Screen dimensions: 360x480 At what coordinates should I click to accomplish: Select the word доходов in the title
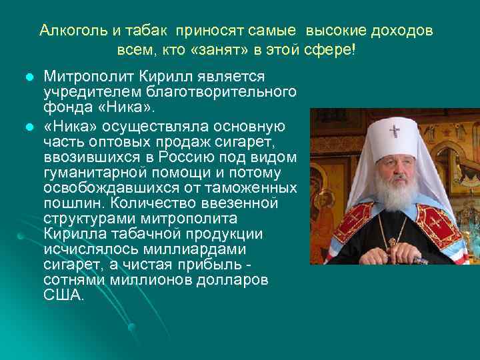click(401, 31)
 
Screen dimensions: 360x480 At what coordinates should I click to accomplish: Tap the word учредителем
click(84, 91)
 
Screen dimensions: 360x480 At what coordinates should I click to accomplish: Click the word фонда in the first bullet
click(65, 105)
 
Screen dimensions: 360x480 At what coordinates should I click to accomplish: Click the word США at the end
click(63, 295)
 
